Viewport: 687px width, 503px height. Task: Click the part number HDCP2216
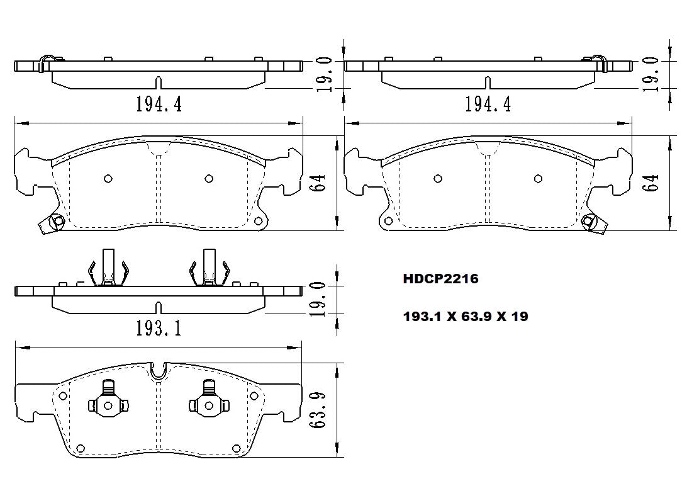[440, 279]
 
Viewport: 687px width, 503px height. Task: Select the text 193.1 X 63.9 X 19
[465, 317]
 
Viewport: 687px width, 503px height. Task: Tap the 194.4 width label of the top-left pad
[159, 104]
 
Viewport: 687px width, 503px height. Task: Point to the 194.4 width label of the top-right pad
[488, 104]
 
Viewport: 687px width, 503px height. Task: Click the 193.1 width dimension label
[159, 327]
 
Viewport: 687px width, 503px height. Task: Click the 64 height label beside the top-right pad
[652, 183]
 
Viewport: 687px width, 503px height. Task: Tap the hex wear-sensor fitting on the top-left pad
[56, 221]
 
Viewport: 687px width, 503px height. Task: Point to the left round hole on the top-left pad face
[108, 178]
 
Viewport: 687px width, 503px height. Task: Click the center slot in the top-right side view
[488, 82]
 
